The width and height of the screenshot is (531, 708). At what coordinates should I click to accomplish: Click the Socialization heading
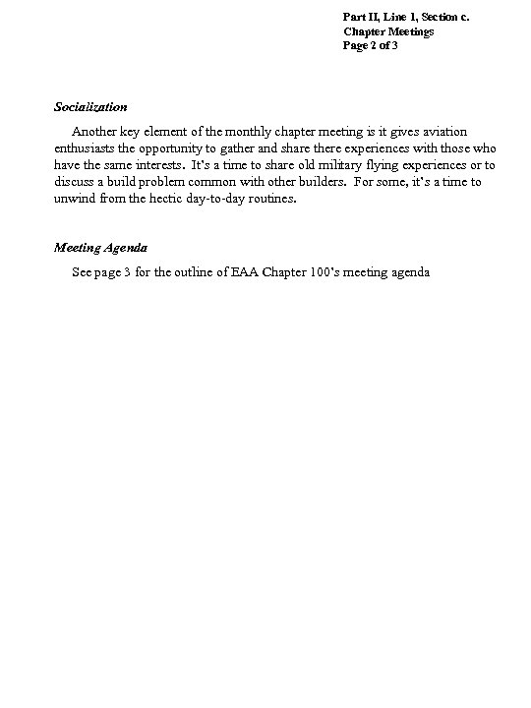(x=90, y=106)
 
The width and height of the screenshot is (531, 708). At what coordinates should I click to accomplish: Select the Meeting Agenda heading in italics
(x=100, y=248)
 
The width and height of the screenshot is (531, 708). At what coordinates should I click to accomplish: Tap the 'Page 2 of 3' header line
(x=370, y=46)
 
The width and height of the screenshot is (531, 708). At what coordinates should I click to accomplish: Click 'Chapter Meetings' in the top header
(x=388, y=31)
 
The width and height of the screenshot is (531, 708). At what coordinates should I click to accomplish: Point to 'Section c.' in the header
(x=455, y=17)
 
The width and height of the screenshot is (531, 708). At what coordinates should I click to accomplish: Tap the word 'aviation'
(x=445, y=132)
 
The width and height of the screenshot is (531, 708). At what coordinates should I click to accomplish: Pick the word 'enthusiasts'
(x=85, y=148)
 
